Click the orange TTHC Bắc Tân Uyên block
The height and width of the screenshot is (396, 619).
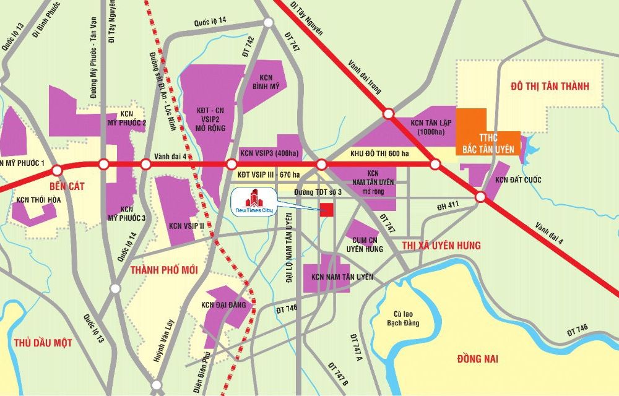point(485,134)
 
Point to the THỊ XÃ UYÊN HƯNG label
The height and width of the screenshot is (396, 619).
point(441,246)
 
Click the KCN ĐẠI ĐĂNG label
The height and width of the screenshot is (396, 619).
point(224,304)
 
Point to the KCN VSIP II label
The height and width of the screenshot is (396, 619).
point(181,226)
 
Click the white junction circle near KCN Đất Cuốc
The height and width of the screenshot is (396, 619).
point(480,197)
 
